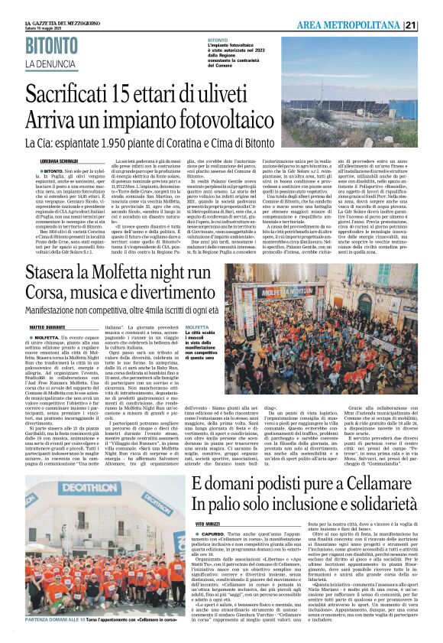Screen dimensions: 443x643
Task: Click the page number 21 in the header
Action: click(x=432, y=25)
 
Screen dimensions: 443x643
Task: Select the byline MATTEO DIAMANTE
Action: click(x=43, y=327)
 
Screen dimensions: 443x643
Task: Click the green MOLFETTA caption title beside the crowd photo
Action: click(x=197, y=326)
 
